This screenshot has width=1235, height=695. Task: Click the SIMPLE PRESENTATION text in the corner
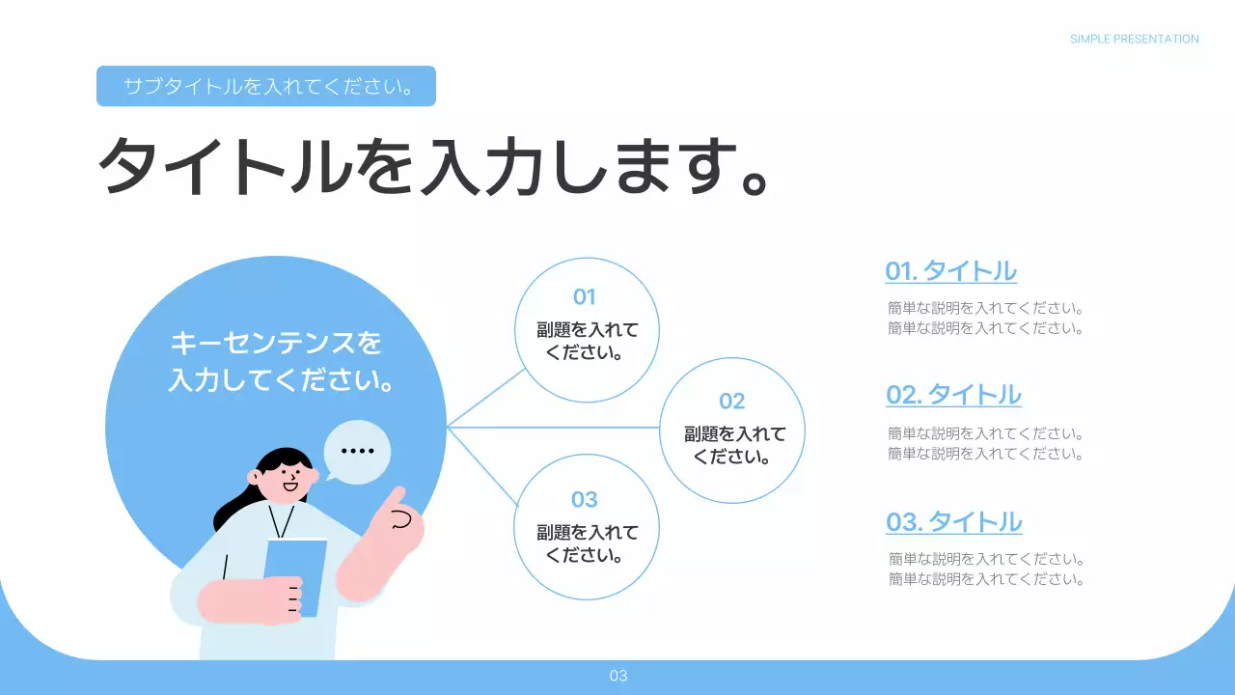tap(1134, 40)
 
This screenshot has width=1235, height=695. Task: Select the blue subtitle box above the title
tap(265, 86)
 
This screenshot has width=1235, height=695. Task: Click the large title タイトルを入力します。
tap(434, 166)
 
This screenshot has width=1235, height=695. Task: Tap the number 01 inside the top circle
tap(585, 296)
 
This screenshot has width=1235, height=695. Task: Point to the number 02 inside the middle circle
tap(732, 402)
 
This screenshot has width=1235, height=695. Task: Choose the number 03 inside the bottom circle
tap(585, 499)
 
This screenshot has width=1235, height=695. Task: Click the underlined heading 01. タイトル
tap(950, 271)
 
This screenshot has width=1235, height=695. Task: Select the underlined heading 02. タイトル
tap(953, 395)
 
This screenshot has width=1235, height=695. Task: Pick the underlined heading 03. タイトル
tap(953, 522)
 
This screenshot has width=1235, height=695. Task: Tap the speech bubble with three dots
tap(357, 451)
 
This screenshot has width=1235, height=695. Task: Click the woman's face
tap(286, 479)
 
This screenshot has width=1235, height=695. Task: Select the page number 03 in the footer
tap(618, 676)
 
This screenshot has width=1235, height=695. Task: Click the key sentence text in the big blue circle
tap(277, 361)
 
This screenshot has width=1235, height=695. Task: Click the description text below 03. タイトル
tap(986, 570)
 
